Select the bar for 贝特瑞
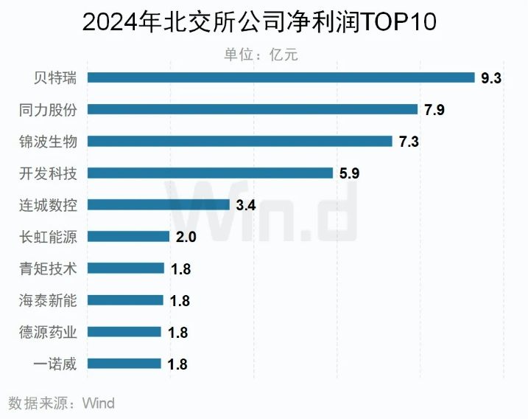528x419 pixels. coord(281,77)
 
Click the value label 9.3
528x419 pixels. coord(491,77)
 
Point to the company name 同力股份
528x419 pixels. coord(48,109)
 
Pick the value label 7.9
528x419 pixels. coord(434,110)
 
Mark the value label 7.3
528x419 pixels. coord(409,142)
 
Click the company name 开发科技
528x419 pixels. coord(48,173)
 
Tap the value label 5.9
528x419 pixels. coord(350,173)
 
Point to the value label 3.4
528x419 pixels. coord(245,205)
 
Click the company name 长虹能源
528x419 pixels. coord(48,236)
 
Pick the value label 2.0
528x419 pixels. coord(187,237)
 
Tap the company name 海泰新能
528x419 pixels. coord(48,299)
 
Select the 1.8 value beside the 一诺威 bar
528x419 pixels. coord(177,364)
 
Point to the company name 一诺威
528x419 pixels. coord(55,363)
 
